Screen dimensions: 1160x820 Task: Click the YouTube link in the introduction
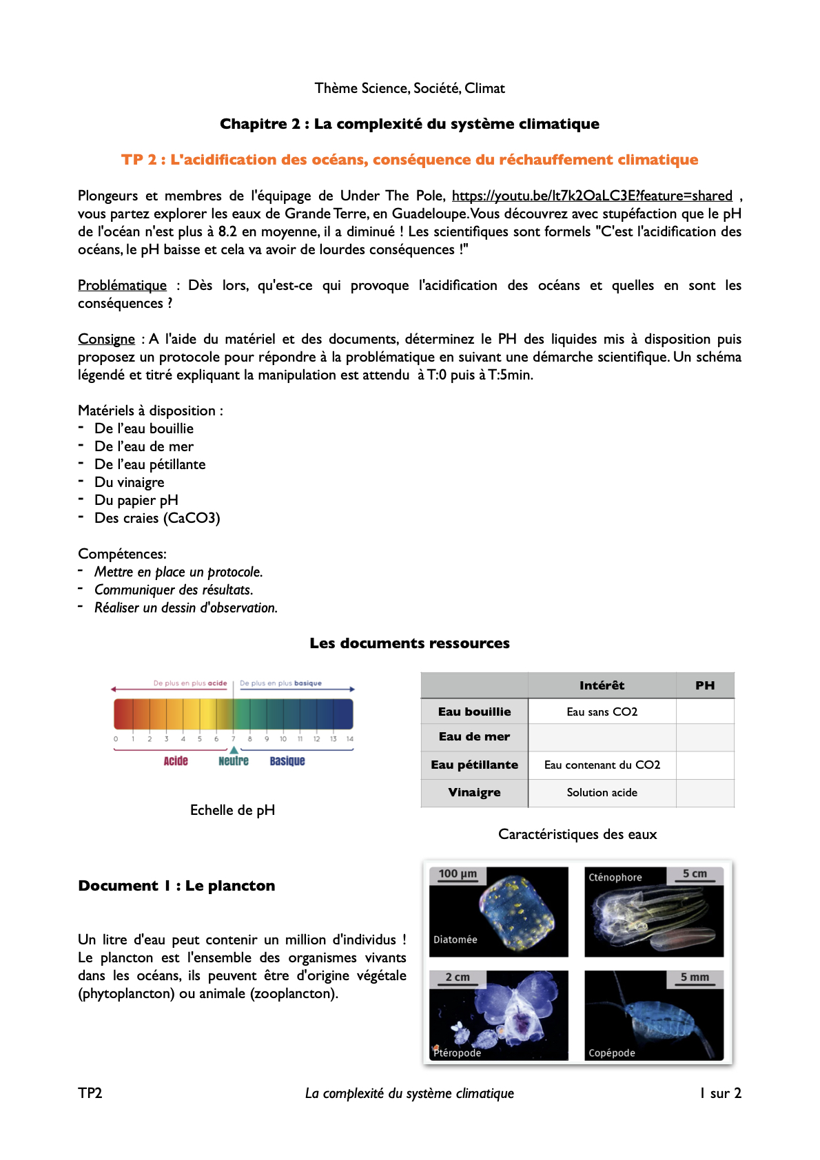[591, 196]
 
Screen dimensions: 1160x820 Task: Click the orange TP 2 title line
[409, 160]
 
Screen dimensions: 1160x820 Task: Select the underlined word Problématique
[122, 285]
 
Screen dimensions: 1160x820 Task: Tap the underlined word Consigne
[106, 339]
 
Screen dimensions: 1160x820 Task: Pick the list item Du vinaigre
[129, 482]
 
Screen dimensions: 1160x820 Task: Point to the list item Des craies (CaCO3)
[157, 518]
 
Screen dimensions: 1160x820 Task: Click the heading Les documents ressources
[409, 643]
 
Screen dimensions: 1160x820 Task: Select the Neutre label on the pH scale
[234, 761]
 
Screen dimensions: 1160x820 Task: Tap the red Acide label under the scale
[176, 761]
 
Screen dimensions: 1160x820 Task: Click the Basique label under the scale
[287, 761]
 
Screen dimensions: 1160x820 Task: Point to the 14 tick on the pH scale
[350, 739]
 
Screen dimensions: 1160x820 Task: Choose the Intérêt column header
[602, 685]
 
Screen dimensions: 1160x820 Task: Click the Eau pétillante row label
[474, 765]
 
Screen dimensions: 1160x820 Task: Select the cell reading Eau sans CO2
[602, 712]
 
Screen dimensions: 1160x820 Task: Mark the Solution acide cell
[602, 793]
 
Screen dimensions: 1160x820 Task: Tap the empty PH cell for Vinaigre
[705, 793]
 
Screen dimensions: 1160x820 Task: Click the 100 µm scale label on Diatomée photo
[458, 873]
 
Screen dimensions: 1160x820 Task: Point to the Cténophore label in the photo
[615, 878]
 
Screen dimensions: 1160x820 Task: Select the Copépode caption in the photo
[612, 1053]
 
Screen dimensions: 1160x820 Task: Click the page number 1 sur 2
[720, 1093]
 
